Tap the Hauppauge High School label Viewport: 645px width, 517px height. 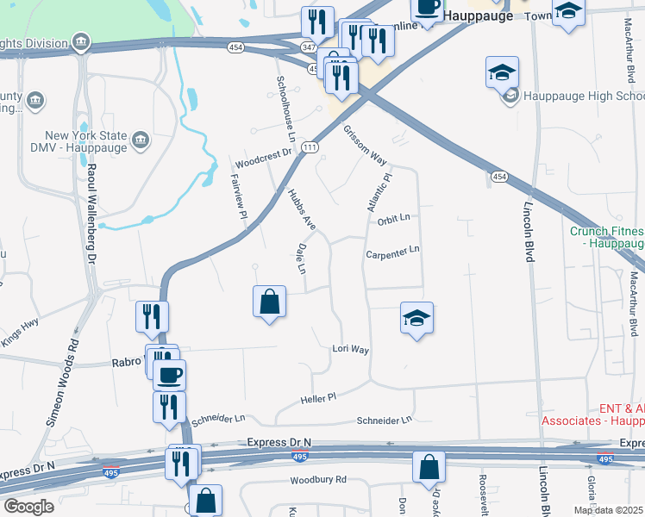pyautogui.click(x=573, y=97)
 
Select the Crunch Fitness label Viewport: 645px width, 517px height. pyautogui.click(x=607, y=237)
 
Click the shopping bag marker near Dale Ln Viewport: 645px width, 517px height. pyautogui.click(x=270, y=302)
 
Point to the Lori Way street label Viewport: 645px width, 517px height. pyautogui.click(x=351, y=350)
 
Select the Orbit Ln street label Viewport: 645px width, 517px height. pyautogui.click(x=393, y=220)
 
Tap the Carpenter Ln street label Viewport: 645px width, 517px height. pyautogui.click(x=391, y=251)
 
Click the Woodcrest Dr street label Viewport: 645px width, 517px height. pyautogui.click(x=264, y=162)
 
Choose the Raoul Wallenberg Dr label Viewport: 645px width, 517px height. pyautogui.click(x=91, y=215)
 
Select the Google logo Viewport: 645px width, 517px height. pyautogui.click(x=28, y=506)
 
